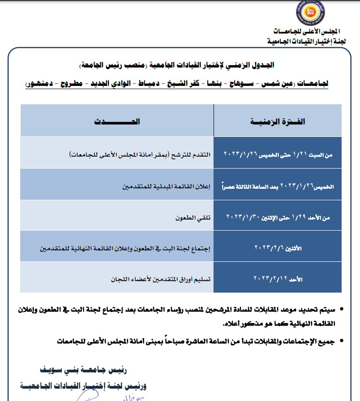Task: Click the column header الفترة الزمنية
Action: click(x=278, y=122)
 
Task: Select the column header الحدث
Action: click(x=117, y=122)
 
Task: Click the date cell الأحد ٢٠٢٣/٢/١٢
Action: click(x=278, y=278)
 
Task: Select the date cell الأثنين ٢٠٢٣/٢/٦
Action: click(x=278, y=247)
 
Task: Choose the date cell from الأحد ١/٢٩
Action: click(x=278, y=216)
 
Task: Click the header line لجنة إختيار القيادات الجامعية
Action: click(x=306, y=41)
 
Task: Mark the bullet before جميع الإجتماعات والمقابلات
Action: click(x=341, y=342)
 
